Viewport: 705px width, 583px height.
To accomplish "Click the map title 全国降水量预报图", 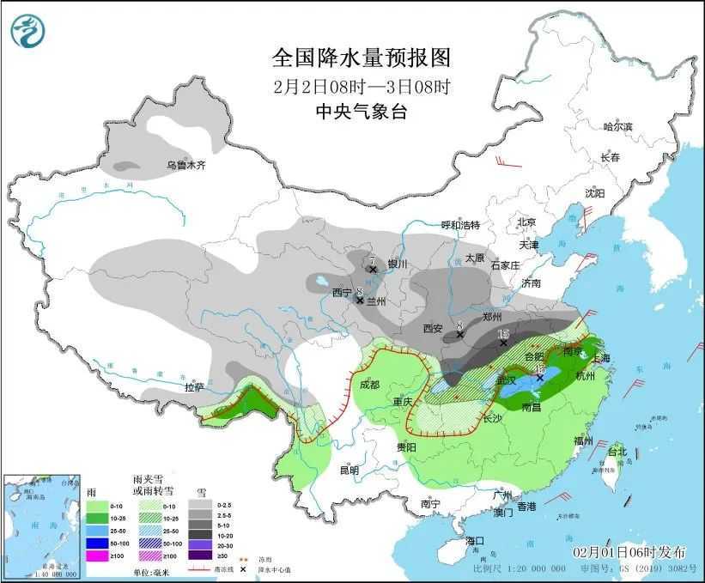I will [x=361, y=58].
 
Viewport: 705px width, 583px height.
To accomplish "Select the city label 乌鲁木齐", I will [x=186, y=165].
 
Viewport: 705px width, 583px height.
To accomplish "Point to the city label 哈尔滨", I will [x=617, y=126].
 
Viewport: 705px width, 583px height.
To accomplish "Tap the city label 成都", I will [x=370, y=384].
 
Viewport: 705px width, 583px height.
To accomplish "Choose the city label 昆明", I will [x=349, y=470].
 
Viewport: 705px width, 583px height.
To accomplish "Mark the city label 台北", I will [x=617, y=452].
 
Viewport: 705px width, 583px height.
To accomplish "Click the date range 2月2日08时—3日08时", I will [x=361, y=86].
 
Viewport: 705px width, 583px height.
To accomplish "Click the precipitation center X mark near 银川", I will [x=373, y=269].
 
